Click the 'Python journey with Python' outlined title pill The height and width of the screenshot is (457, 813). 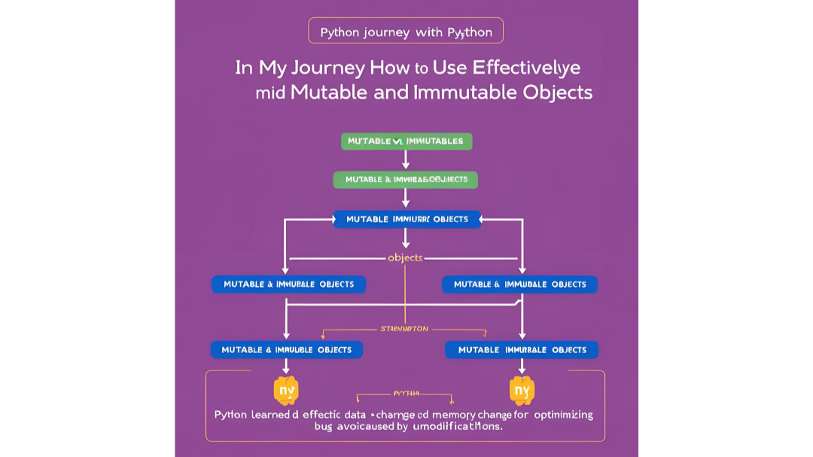click(x=406, y=32)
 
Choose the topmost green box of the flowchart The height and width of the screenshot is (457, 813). click(x=406, y=141)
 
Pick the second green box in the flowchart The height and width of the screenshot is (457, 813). click(x=406, y=179)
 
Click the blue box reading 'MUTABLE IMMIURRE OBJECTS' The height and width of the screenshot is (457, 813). click(x=406, y=219)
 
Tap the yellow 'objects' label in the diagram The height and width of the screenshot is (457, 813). click(x=405, y=257)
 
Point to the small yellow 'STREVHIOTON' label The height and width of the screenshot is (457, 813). click(x=405, y=329)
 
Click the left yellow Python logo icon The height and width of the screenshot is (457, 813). click(x=286, y=390)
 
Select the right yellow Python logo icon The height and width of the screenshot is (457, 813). click(x=522, y=390)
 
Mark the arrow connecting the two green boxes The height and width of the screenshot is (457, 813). click(x=406, y=160)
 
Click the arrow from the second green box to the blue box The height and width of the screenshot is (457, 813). click(x=406, y=198)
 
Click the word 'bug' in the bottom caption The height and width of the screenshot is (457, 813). click(x=324, y=426)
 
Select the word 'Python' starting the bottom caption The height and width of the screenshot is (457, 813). click(x=230, y=415)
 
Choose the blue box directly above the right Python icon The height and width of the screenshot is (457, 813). click(x=522, y=349)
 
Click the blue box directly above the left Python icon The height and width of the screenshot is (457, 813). click(x=287, y=349)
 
